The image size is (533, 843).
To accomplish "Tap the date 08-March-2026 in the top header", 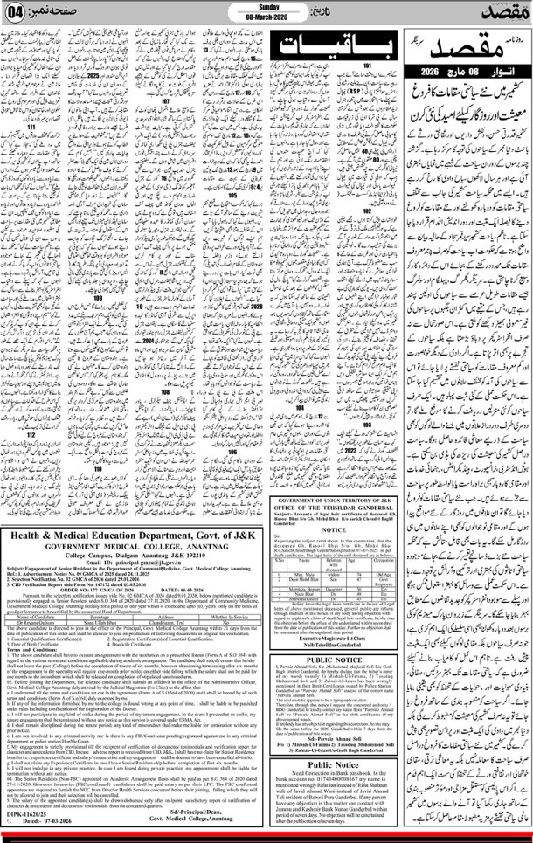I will [x=266, y=17].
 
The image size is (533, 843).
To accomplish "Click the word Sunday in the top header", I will [x=266, y=8].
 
